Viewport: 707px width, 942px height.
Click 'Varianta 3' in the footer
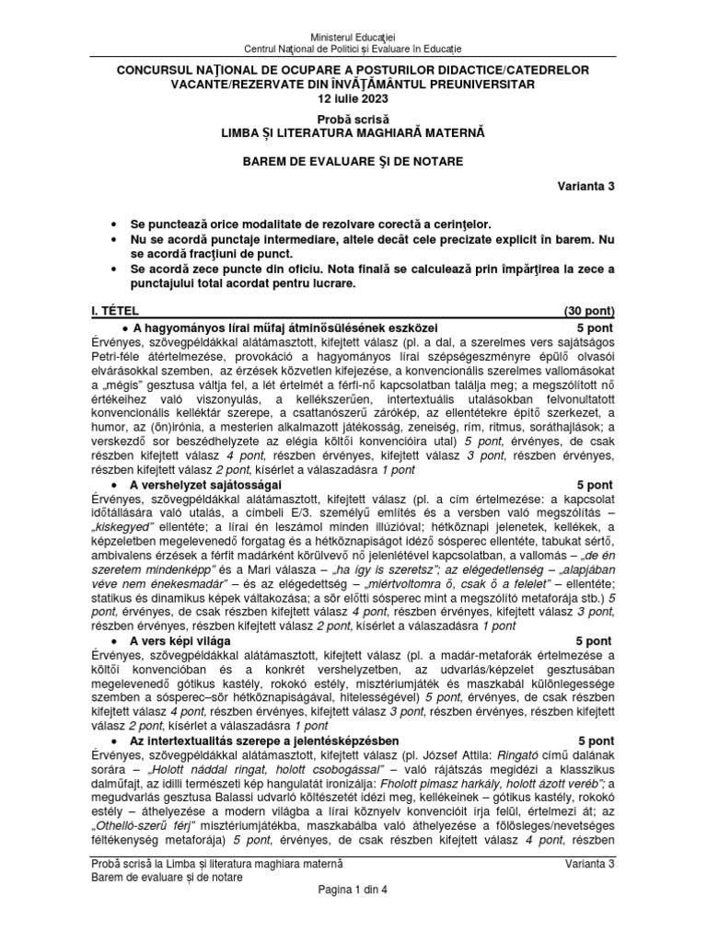[589, 864]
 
